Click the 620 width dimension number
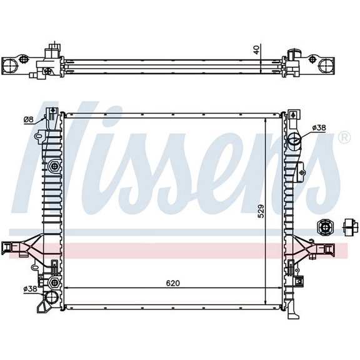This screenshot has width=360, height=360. (172, 283)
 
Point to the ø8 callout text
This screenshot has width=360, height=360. (28, 119)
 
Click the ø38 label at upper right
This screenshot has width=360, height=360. (319, 128)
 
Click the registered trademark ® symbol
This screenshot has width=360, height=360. (344, 137)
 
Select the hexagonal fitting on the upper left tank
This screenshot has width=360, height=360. (55, 166)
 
